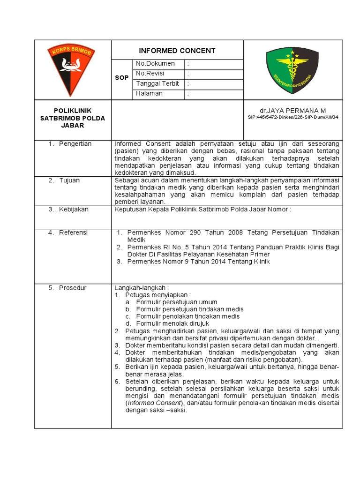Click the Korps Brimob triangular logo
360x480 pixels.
point(71,68)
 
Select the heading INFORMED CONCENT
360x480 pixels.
point(177,51)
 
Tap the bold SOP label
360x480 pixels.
point(121,78)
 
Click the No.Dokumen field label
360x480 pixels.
point(155,63)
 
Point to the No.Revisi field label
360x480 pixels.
point(153,74)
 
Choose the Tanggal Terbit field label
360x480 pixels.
point(157,83)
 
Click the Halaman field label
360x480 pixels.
point(150,93)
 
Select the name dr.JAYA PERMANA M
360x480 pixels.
point(293,110)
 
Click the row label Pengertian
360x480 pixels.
point(75,144)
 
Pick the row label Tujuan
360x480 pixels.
point(69,180)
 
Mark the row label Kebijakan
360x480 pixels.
point(74,210)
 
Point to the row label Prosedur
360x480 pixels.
point(73,288)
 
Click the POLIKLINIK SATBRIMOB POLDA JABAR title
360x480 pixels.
point(73,118)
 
